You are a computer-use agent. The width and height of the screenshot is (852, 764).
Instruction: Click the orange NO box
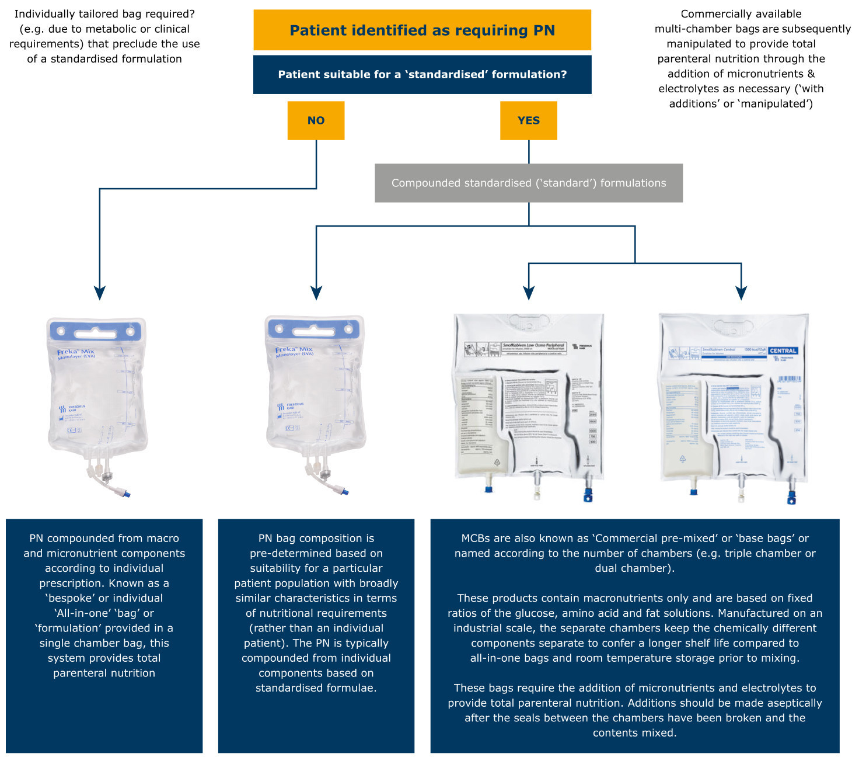click(x=316, y=120)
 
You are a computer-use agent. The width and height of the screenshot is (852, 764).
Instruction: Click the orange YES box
click(x=528, y=120)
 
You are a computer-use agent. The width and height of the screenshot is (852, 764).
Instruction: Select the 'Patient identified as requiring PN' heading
click(x=422, y=30)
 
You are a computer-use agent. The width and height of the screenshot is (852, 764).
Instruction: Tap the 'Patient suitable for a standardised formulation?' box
click(x=422, y=75)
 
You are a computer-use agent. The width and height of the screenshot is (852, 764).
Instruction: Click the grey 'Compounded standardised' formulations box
click(x=528, y=183)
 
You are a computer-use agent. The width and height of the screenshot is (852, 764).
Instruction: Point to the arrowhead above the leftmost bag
click(x=100, y=293)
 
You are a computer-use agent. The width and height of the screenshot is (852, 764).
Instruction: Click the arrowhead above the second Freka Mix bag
click(x=316, y=293)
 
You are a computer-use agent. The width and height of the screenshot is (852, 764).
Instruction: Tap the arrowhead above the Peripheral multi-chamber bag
click(x=529, y=293)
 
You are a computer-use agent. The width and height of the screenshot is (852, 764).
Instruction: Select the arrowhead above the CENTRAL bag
click(x=741, y=293)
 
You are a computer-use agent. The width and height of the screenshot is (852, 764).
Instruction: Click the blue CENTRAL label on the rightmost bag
click(x=783, y=351)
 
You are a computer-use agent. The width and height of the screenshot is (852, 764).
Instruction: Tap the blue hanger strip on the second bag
click(x=313, y=329)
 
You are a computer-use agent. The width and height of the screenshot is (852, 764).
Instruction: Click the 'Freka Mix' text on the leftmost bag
click(x=75, y=352)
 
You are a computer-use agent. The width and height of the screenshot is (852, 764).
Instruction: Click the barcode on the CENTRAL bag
click(x=790, y=379)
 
